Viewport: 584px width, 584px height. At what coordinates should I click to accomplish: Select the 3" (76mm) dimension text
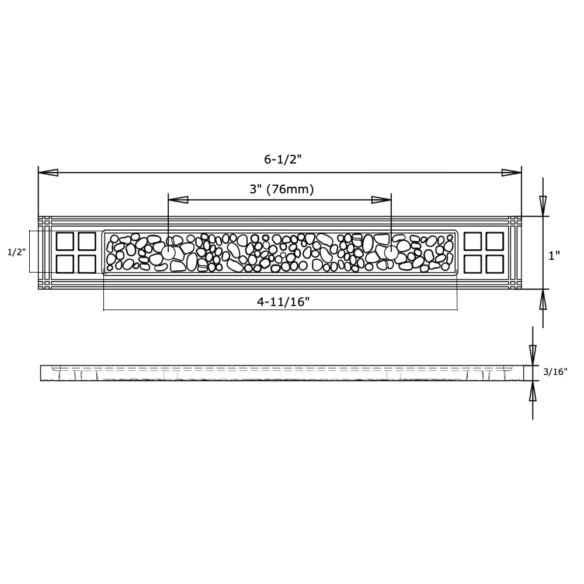tap(281, 189)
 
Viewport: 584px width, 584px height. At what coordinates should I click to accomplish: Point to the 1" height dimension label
tap(554, 255)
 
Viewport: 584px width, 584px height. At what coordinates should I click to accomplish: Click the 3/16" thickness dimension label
tap(555, 371)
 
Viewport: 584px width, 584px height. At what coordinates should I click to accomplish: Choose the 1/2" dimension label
tap(17, 252)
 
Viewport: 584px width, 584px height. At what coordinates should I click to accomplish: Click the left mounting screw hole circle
tap(168, 253)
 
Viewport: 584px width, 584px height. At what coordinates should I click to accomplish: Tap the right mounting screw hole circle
tap(391, 252)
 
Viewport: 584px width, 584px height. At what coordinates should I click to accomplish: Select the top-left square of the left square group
tap(64, 242)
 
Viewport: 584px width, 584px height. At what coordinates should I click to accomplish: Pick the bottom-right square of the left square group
tap(86, 264)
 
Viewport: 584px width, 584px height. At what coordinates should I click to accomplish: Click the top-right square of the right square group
tap(494, 242)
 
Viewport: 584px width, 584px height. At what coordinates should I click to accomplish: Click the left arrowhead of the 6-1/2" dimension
tap(48, 173)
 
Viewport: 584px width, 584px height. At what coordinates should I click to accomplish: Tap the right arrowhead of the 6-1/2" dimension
tap(512, 173)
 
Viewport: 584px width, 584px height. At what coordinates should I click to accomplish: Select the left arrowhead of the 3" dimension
tap(178, 200)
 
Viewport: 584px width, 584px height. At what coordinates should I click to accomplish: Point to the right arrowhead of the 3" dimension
tap(382, 200)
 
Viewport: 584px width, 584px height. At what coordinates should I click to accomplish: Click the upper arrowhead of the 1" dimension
tap(543, 206)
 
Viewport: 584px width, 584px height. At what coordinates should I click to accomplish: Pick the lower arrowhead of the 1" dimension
tap(543, 300)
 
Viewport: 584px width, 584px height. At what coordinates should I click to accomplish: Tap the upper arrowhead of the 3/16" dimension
tap(533, 354)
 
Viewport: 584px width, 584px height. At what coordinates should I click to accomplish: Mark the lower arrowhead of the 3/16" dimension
tap(533, 393)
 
